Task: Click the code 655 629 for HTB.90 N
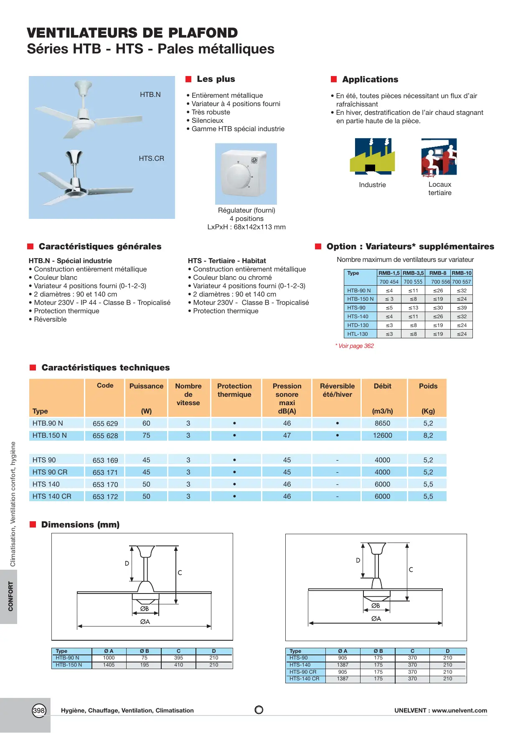(x=105, y=424)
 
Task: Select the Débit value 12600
(x=382, y=436)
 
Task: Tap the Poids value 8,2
(x=428, y=436)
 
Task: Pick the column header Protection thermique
(x=234, y=390)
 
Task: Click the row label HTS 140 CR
(x=52, y=497)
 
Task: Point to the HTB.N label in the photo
(x=150, y=95)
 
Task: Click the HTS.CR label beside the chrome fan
(x=151, y=159)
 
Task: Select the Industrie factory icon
(x=372, y=156)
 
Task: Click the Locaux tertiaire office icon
(x=439, y=157)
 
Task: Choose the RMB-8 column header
(x=438, y=273)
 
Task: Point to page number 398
(x=39, y=710)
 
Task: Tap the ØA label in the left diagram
(x=145, y=622)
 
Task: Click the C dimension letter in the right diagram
(x=411, y=570)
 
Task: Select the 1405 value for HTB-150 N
(x=109, y=665)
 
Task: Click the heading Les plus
(x=216, y=79)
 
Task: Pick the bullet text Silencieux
(x=207, y=121)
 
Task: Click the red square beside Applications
(x=334, y=79)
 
